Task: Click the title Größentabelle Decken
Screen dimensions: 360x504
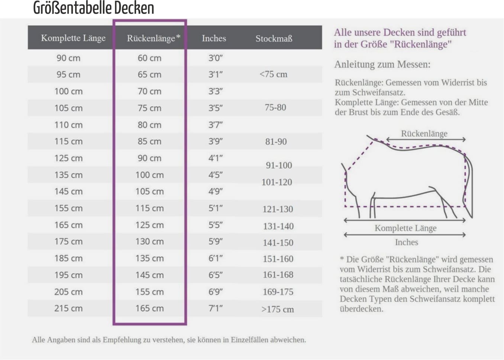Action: (94, 8)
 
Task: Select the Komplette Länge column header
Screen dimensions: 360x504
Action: (73, 38)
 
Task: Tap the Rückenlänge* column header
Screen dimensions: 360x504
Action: (154, 38)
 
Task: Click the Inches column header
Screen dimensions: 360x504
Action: (214, 38)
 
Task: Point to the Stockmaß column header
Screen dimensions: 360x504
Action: (274, 38)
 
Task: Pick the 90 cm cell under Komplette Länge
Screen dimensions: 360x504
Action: (68, 58)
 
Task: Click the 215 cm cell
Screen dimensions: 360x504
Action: (68, 308)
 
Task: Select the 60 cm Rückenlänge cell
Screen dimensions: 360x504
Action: (149, 58)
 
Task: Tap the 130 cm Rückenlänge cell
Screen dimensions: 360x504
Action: (149, 241)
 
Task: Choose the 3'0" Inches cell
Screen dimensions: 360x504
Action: (215, 58)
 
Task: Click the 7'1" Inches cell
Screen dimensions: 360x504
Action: (215, 308)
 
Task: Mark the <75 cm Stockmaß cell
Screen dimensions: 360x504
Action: (273, 74)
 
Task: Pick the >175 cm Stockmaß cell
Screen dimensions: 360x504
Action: (277, 309)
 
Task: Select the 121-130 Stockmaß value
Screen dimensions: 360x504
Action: (278, 209)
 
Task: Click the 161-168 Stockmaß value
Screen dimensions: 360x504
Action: (278, 275)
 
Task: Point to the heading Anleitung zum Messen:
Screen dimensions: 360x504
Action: (382, 64)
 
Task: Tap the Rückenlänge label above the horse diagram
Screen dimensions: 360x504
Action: (424, 133)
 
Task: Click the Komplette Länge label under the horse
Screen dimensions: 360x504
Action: (406, 228)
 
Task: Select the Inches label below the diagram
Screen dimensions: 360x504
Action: (406, 242)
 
